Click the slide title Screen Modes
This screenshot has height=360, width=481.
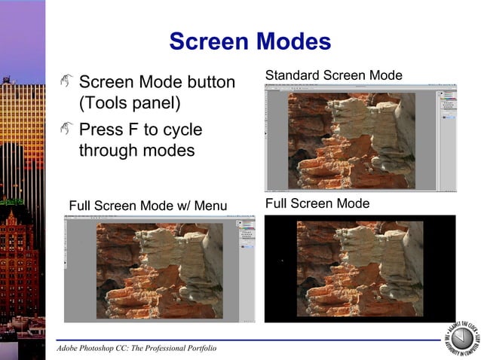[x=250, y=41]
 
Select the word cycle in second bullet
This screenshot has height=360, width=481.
[x=181, y=130]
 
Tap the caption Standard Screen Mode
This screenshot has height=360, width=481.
[x=333, y=75]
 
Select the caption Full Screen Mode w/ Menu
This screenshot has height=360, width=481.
[x=148, y=206]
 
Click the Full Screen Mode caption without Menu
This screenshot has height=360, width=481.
[x=317, y=203]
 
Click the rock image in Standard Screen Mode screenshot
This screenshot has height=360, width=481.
[x=351, y=139]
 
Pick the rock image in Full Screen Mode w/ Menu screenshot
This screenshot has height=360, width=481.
[x=160, y=270]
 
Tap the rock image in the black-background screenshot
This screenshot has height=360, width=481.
[x=360, y=268]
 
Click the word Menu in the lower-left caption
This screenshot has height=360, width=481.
[x=210, y=206]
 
